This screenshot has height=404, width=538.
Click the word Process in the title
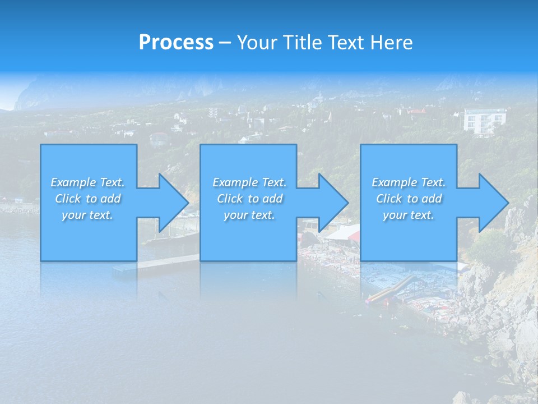(176, 42)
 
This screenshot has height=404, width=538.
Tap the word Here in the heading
(392, 42)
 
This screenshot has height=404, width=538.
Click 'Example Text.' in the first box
(87, 182)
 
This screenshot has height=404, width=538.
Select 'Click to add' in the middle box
(249, 199)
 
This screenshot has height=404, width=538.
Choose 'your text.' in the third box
(409, 215)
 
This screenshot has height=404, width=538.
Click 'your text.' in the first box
(87, 215)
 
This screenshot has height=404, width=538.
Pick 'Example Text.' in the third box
(409, 182)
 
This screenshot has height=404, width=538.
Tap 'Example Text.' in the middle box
(249, 182)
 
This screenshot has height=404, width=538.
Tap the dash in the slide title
(225, 42)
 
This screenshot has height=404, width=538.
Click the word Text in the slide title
(344, 42)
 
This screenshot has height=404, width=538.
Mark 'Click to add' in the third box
(409, 199)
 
